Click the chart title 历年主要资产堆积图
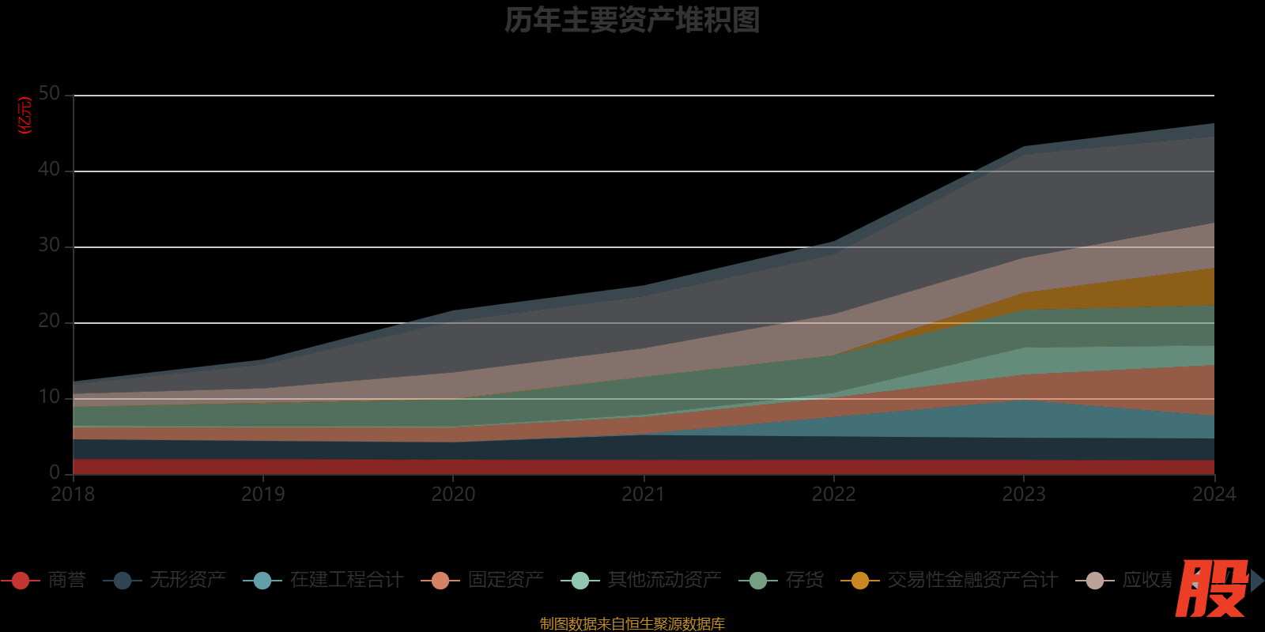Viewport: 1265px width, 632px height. (x=632, y=21)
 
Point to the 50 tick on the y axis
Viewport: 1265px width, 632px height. (x=49, y=94)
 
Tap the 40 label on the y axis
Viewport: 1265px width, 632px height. (x=49, y=170)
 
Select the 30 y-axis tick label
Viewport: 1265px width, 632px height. (x=49, y=246)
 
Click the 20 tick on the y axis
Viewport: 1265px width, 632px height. (x=49, y=322)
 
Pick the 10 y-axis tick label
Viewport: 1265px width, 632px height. (x=49, y=397)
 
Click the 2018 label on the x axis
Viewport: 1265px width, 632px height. (x=73, y=495)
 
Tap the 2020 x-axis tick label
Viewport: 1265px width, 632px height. (x=453, y=495)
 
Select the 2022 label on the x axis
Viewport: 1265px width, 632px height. (x=833, y=495)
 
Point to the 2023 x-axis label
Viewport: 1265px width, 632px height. (x=1024, y=495)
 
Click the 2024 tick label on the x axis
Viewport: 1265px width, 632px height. (x=1214, y=495)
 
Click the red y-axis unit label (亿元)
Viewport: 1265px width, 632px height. (x=25, y=115)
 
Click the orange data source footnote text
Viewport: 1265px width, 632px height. (x=632, y=624)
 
